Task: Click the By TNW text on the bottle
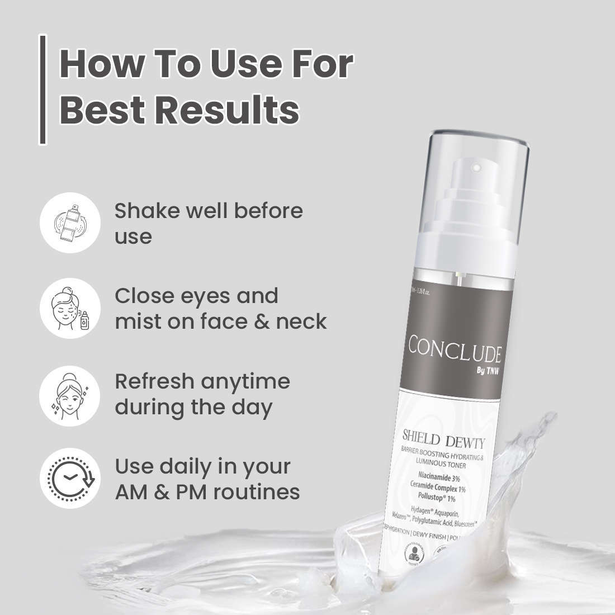[481, 370]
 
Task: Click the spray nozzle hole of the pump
[476, 166]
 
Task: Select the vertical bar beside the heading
[42, 89]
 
